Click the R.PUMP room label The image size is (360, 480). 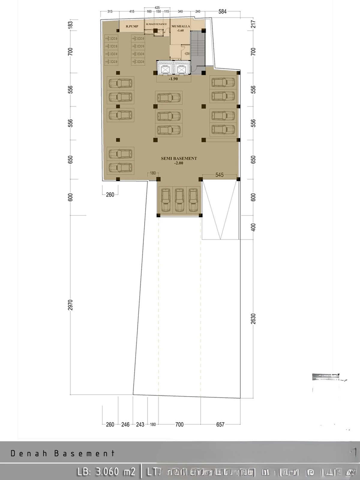tap(132, 26)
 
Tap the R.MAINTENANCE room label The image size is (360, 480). tap(156, 24)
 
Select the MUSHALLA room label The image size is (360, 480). tap(181, 26)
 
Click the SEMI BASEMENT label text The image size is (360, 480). tap(179, 158)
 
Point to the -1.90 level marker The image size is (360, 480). tap(173, 79)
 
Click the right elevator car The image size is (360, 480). tap(181, 70)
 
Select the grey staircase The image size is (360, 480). tap(198, 48)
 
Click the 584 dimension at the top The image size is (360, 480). tap(222, 12)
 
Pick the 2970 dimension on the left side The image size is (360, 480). tap(70, 305)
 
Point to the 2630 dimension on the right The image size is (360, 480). tap(253, 319)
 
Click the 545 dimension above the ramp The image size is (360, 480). tap(219, 175)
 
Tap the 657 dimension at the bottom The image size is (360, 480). tap(220, 424)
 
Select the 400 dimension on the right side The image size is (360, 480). tap(253, 227)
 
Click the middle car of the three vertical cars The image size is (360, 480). tap(179, 200)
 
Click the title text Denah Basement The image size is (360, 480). tap(63, 453)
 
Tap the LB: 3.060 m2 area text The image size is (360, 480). tap(106, 472)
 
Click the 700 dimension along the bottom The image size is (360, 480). tap(179, 424)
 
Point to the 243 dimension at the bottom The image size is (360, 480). tap(140, 424)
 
